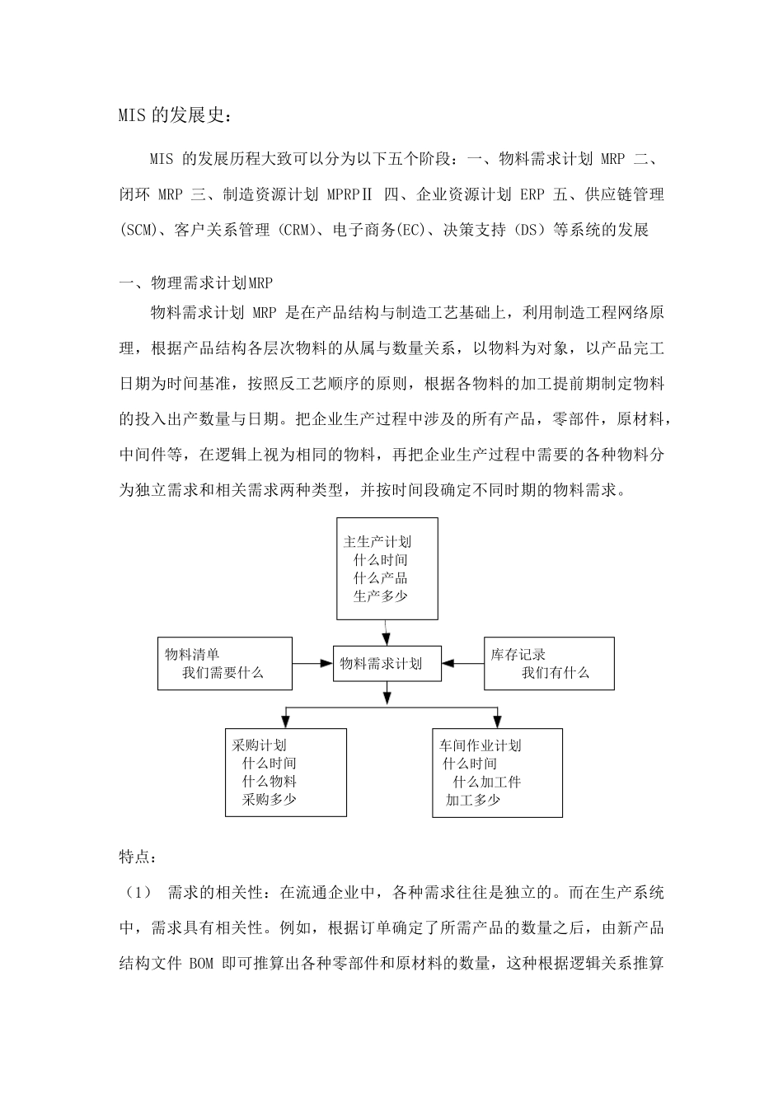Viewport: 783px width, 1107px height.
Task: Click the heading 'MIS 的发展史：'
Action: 176,115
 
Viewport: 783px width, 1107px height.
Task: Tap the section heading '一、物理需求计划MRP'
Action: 195,283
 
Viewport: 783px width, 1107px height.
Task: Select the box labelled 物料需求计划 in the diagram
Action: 387,663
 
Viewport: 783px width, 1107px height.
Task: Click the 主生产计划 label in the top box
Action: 377,541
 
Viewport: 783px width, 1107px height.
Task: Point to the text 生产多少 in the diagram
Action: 380,596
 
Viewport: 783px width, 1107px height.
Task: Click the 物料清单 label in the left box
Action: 192,654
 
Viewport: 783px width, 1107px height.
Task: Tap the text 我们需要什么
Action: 223,672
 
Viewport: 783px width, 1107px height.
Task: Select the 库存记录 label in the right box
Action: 518,654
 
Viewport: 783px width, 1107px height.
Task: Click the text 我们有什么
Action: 555,672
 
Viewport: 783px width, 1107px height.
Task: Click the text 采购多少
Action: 269,799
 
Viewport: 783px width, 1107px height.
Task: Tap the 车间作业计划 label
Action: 481,745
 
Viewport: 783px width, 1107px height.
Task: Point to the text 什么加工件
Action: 486,781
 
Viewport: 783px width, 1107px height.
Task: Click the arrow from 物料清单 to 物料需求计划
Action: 312,663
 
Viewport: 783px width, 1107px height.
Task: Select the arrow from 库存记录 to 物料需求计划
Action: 462,663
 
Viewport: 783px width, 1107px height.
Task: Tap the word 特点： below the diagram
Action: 137,857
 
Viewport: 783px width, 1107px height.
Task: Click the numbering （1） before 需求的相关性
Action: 139,892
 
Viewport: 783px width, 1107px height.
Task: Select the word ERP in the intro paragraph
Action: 532,194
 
